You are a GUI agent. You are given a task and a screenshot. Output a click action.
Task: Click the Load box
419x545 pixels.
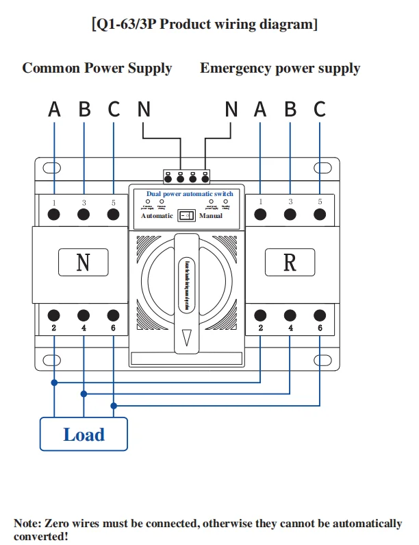point(84,435)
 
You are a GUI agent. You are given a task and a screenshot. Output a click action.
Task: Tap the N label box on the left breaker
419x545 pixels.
point(83,262)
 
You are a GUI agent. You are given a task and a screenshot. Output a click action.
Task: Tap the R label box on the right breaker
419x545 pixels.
point(290,262)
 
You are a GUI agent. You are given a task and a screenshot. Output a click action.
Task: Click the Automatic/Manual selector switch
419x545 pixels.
point(186,216)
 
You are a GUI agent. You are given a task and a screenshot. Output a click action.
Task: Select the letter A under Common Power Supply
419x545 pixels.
point(54,109)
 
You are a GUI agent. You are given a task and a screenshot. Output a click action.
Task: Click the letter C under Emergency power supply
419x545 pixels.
point(320,109)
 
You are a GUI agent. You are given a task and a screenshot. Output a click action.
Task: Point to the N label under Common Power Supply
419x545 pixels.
point(143,109)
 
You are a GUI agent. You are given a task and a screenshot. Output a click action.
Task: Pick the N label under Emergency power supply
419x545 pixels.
point(231,109)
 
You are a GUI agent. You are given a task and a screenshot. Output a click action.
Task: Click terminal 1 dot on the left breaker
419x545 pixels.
point(54,215)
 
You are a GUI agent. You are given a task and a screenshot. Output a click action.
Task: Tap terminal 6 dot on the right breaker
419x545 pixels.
point(320,315)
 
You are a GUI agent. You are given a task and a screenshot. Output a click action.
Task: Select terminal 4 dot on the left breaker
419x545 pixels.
point(84,315)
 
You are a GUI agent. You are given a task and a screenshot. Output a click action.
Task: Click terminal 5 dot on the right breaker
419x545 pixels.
point(320,215)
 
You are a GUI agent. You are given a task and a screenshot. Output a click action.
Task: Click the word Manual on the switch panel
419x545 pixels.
point(211,216)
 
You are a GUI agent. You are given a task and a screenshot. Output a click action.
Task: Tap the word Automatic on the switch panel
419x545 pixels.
point(157,216)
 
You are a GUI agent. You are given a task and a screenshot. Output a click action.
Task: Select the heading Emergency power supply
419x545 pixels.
point(279,69)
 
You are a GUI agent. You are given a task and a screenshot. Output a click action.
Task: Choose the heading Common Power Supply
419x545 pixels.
point(97,69)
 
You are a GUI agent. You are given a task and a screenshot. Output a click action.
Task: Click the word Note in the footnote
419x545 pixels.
point(27,524)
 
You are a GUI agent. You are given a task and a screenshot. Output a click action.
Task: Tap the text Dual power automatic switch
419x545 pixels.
point(190,194)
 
